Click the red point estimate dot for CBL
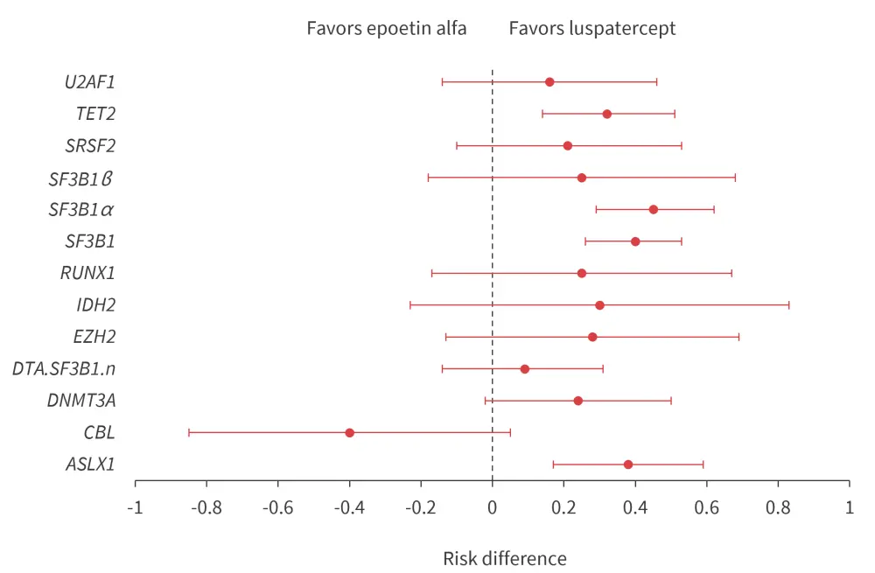349,433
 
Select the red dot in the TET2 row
606,114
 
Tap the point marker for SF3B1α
653,210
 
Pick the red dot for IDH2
599,305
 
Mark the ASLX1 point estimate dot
627,465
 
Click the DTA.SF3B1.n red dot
524,369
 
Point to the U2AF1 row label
90,82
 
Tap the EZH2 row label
94,337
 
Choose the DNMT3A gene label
81,401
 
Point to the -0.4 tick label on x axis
349,507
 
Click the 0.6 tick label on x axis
707,507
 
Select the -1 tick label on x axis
135,507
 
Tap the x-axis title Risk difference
505,558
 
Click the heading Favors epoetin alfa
386,28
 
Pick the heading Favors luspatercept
592,28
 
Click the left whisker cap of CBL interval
188,433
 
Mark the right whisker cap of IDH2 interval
789,305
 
